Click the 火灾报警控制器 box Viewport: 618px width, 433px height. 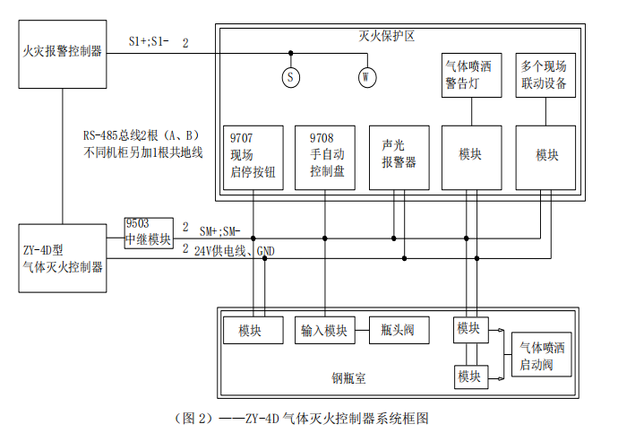click(x=62, y=53)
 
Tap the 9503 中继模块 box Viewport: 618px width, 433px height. click(x=149, y=232)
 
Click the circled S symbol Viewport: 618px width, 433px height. click(x=290, y=77)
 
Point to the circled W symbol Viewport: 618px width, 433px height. click(x=365, y=77)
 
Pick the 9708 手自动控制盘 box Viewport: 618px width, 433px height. click(x=326, y=158)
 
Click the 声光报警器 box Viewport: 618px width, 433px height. click(x=399, y=158)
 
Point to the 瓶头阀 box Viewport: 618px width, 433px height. click(x=398, y=330)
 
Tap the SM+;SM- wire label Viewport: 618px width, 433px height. click(x=219, y=230)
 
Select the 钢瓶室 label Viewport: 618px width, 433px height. click(x=348, y=378)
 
